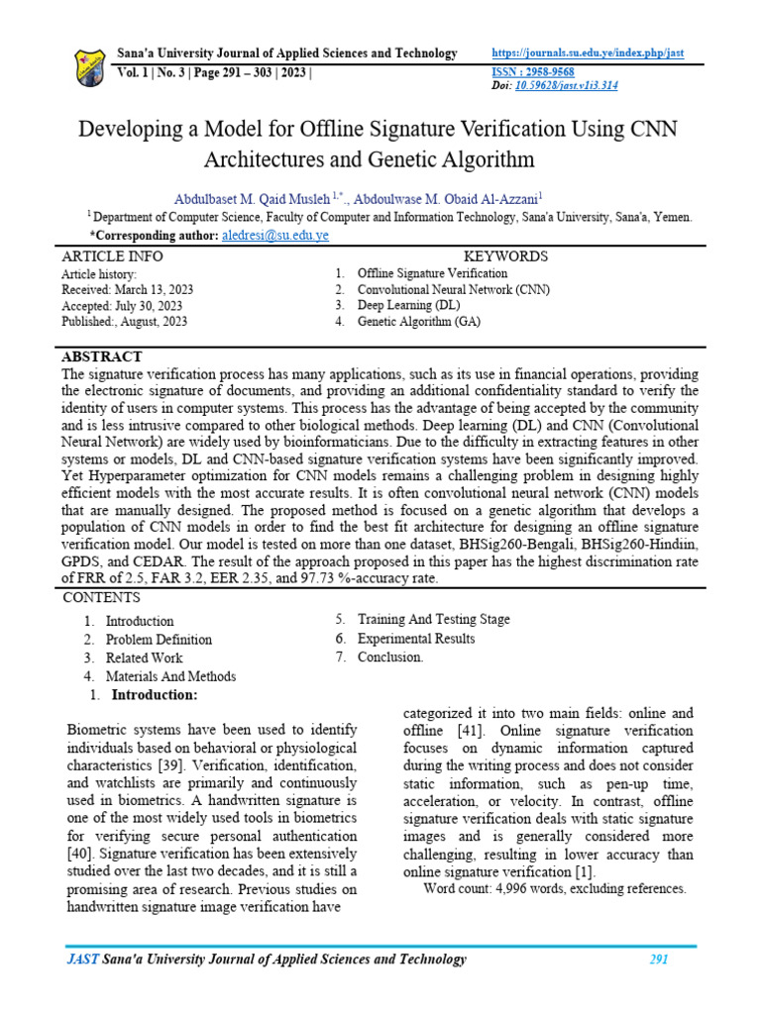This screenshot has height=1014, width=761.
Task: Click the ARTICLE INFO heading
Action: (112, 256)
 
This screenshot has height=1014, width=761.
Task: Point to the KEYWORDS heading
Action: (505, 256)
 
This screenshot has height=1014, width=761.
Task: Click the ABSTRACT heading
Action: (102, 356)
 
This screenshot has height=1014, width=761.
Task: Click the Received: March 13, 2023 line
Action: (127, 289)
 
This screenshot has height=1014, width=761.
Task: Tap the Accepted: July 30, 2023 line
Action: (121, 305)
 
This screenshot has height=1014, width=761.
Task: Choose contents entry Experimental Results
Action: (415, 639)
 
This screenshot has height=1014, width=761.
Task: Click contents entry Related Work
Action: (144, 658)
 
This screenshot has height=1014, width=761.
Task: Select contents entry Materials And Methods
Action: (170, 676)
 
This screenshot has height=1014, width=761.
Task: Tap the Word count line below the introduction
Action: (554, 889)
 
